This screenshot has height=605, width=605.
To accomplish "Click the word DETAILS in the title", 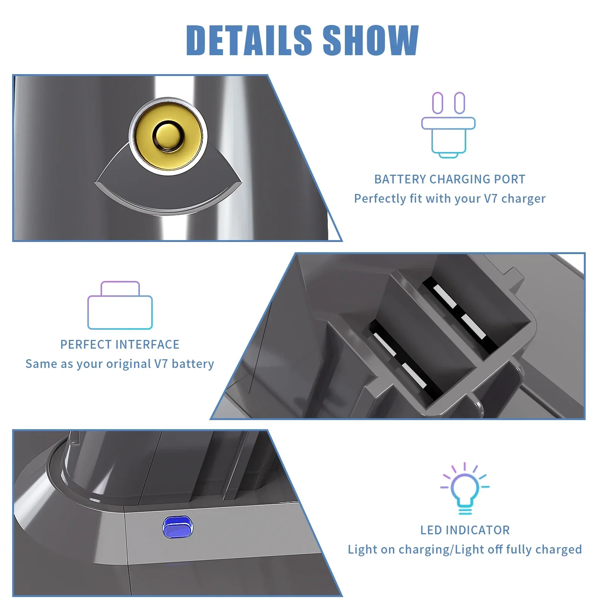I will (x=249, y=40).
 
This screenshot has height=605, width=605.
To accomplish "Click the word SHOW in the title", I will (x=371, y=40).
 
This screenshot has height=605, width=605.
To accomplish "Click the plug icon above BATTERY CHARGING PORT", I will (x=448, y=125).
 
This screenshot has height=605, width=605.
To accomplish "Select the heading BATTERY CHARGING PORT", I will (x=450, y=179).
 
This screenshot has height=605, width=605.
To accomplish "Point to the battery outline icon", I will (x=120, y=306).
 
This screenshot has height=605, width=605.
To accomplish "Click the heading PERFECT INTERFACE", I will (x=120, y=344).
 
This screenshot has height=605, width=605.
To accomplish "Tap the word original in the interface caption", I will (x=129, y=364).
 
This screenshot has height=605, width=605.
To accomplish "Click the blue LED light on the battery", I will (x=177, y=527).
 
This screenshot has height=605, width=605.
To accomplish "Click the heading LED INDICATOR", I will (x=465, y=530).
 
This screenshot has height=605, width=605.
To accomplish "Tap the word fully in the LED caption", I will (x=519, y=549).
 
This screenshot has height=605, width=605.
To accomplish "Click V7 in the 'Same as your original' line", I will (x=161, y=364).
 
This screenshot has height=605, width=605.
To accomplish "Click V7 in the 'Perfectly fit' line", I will (x=491, y=199).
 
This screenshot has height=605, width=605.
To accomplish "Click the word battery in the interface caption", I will (x=193, y=364).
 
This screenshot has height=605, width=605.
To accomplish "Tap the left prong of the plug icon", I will (x=437, y=103).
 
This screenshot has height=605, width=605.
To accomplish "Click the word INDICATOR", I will (x=478, y=530).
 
